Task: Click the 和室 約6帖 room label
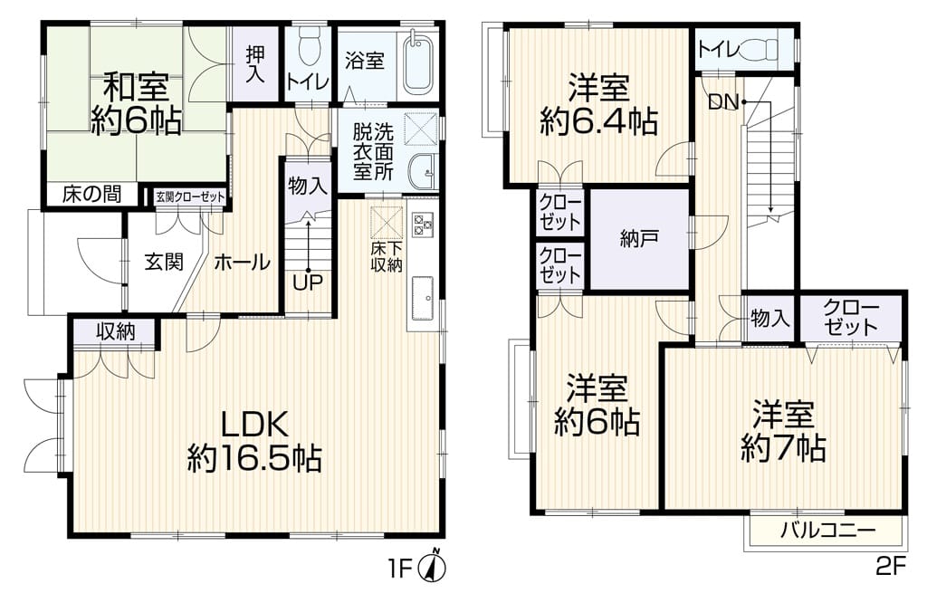tap(136, 104)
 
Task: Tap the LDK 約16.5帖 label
tap(254, 440)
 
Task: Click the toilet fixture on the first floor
tap(309, 47)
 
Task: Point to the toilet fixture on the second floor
tap(761, 49)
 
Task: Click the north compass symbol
tap(432, 567)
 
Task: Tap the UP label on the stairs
tap(308, 283)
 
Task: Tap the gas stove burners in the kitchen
tap(423, 223)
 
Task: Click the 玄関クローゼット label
tap(190, 196)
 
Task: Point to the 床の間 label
tap(91, 194)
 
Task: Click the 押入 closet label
tap(255, 64)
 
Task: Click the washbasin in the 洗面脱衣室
tap(421, 171)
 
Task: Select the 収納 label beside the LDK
tap(116, 331)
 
